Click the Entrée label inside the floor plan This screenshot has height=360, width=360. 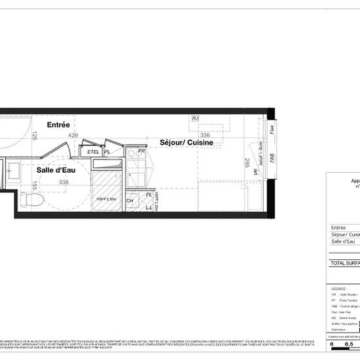point(58,124)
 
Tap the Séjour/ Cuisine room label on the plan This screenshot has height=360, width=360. point(187,142)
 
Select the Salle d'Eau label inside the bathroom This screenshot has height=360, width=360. point(54,170)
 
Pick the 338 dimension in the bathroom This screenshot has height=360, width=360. point(63,182)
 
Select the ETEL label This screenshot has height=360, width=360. point(93,152)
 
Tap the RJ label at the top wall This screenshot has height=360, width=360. point(195,118)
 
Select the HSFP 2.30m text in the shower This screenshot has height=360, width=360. point(106,199)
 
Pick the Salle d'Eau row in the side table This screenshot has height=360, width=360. point(345,242)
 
